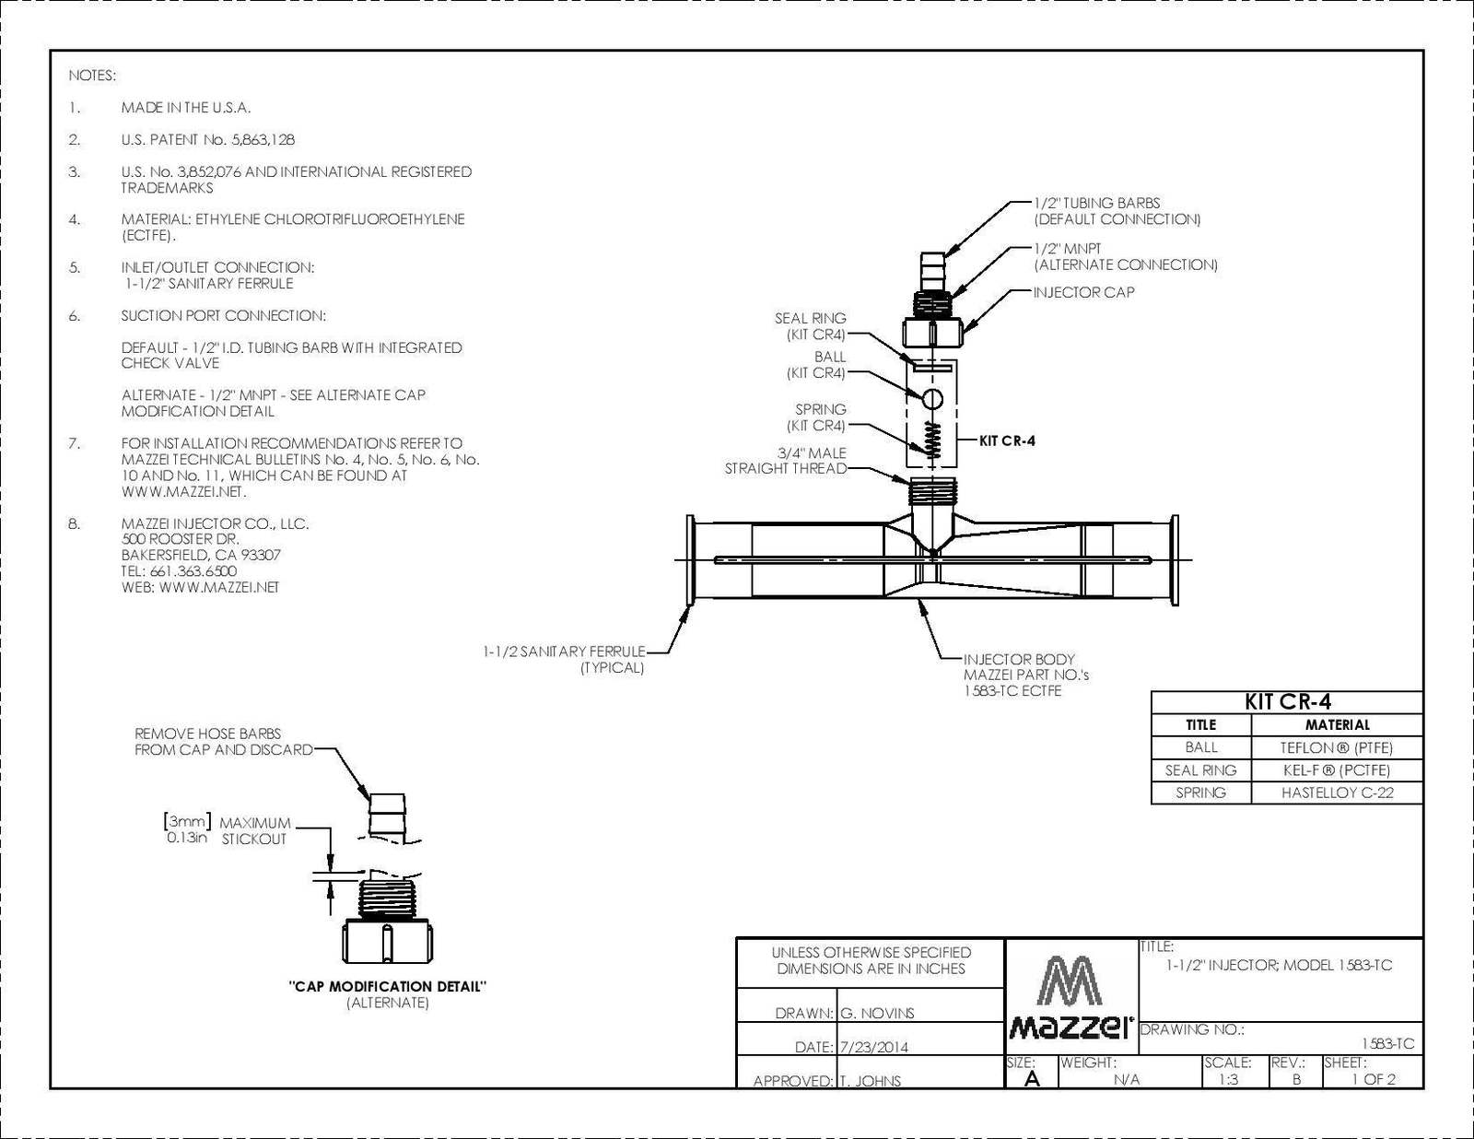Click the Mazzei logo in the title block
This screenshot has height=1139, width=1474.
click(x=1071, y=997)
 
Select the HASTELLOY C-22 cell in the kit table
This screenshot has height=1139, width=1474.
click(x=1337, y=793)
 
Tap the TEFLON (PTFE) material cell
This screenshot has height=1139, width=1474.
click(x=1337, y=747)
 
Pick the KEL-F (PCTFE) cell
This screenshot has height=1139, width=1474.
click(x=1337, y=770)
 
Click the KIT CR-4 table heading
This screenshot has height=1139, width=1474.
click(x=1288, y=702)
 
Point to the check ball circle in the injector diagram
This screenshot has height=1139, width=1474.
click(x=933, y=399)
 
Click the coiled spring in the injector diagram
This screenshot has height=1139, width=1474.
click(x=933, y=439)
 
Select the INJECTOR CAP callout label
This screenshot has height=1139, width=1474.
click(x=1083, y=292)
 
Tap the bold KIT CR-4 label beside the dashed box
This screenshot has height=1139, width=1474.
click(x=1007, y=440)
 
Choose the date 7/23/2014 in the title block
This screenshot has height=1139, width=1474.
click(x=873, y=1048)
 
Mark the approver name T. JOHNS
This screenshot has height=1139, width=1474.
click(x=871, y=1081)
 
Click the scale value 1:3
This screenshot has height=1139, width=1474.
click(x=1228, y=1079)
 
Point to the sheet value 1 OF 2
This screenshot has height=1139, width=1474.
click(x=1374, y=1079)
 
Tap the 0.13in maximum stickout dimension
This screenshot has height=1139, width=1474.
click(x=186, y=838)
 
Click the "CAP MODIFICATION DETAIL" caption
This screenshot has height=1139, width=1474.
click(x=388, y=986)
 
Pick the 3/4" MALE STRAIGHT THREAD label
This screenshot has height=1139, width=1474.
click(x=786, y=461)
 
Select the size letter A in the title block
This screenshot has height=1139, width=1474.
click(x=1032, y=1079)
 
